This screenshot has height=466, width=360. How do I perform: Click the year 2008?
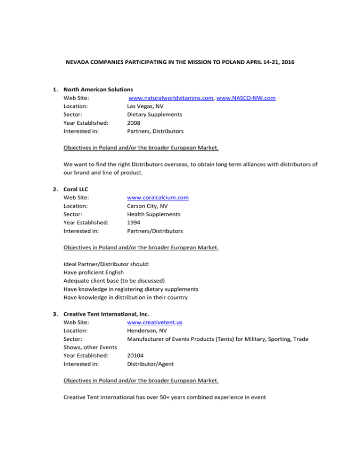tap(134, 123)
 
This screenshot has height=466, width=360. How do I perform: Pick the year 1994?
tap(134, 222)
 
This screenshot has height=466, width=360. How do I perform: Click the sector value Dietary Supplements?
tap(155, 114)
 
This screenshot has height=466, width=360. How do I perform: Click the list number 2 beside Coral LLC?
tap(55, 188)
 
